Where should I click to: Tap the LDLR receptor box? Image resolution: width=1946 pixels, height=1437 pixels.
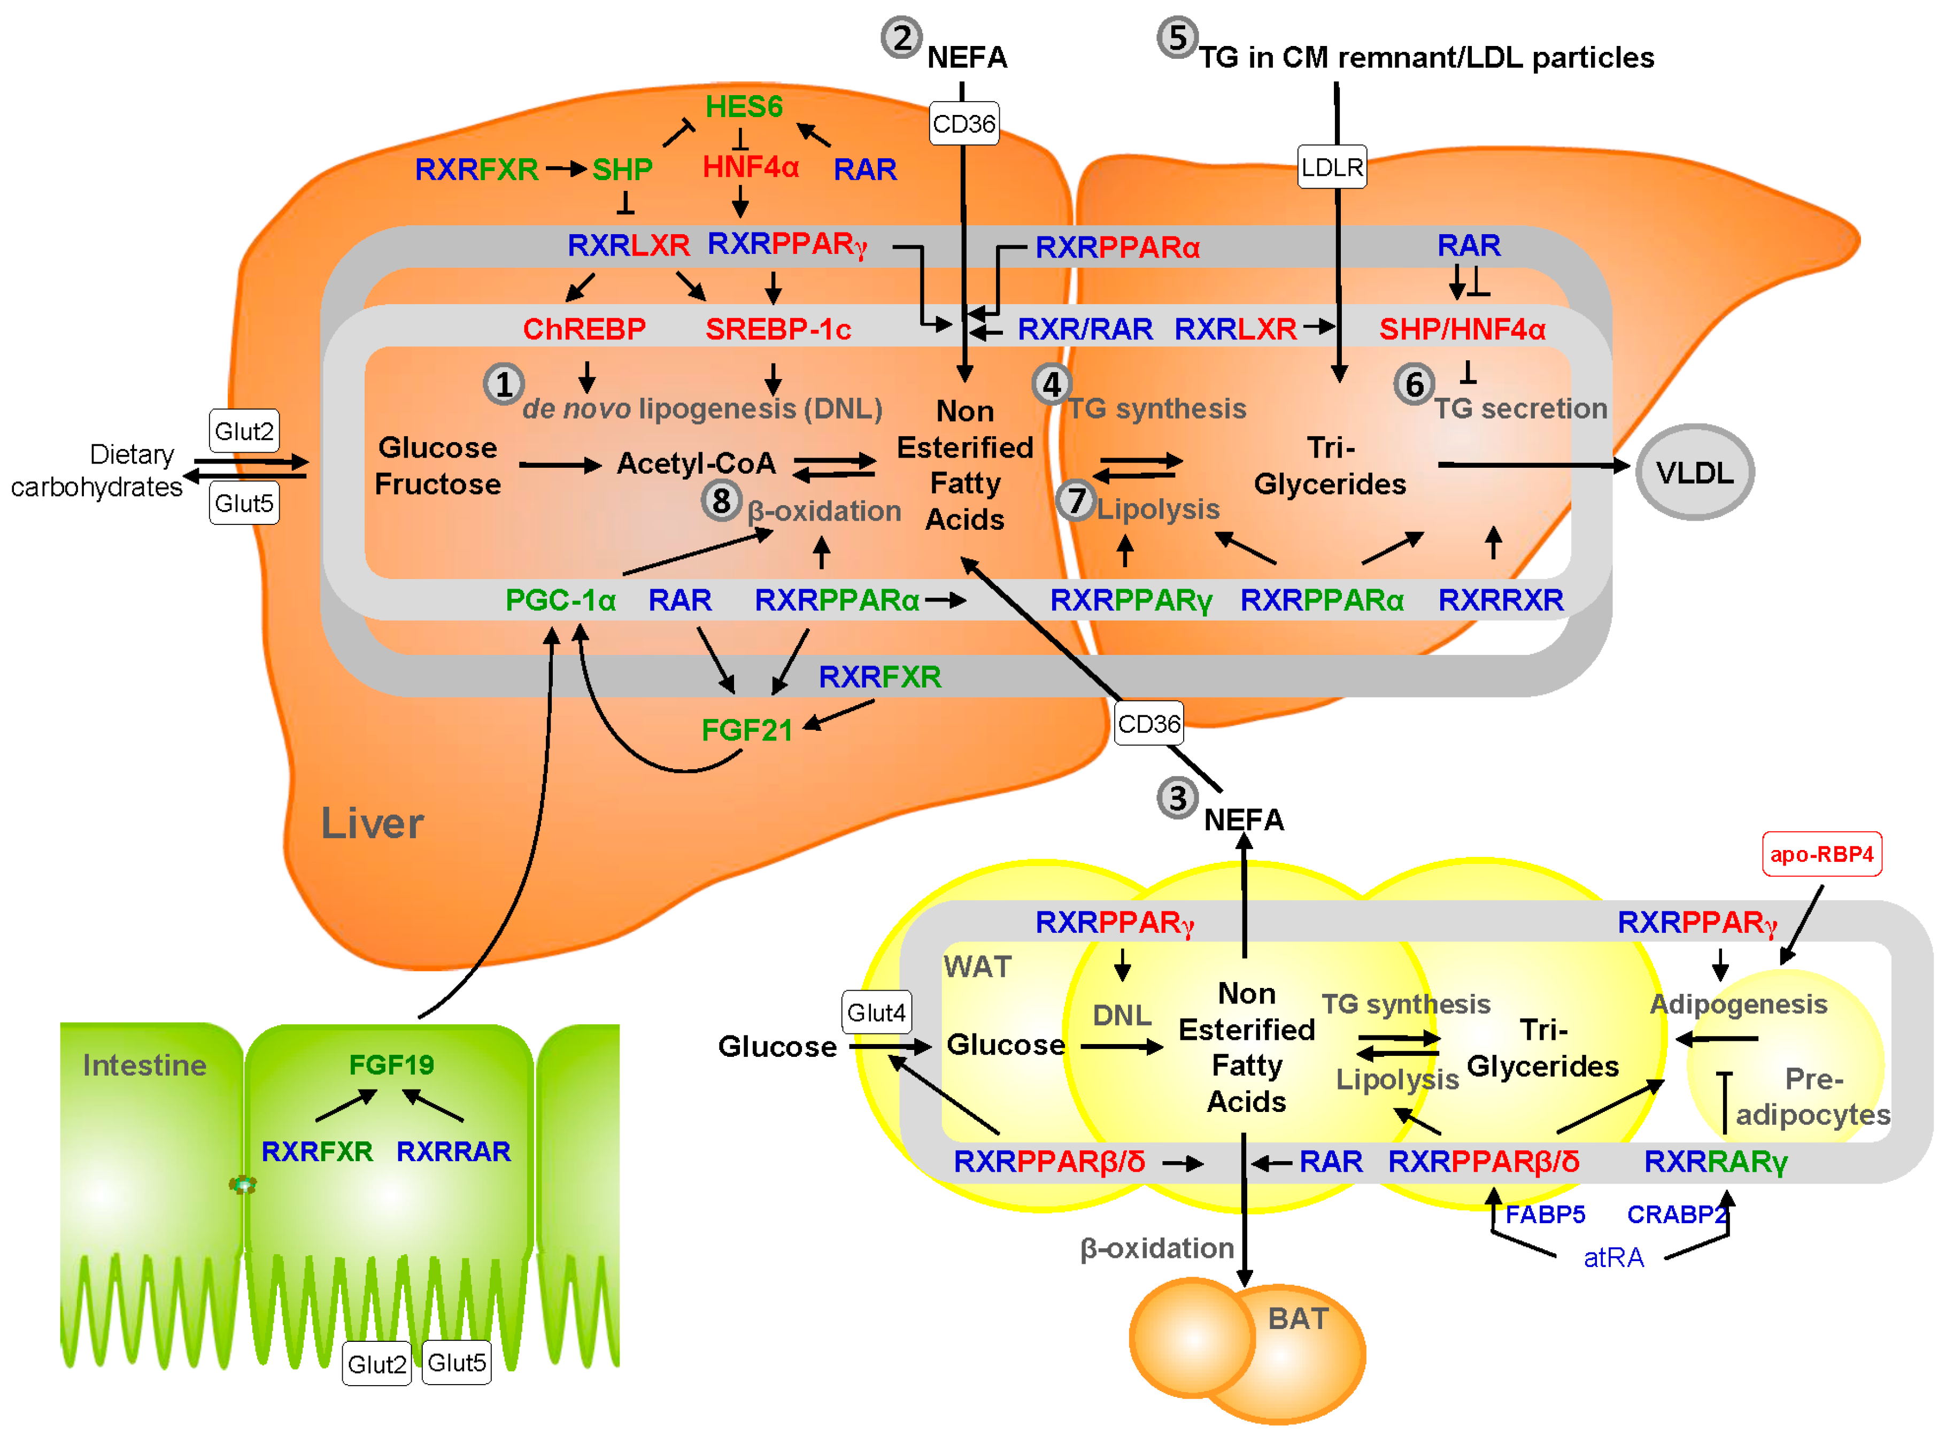(x=1331, y=167)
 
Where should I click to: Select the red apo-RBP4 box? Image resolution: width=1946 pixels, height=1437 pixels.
(x=1821, y=854)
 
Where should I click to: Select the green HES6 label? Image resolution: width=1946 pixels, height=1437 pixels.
(x=743, y=106)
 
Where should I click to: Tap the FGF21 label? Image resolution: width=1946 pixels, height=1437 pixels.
(x=746, y=730)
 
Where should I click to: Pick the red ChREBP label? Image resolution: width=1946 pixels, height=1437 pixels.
(x=584, y=329)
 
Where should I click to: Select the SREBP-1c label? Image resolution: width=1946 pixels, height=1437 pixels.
(x=778, y=329)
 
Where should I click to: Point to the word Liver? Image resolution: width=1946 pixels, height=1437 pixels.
(x=372, y=823)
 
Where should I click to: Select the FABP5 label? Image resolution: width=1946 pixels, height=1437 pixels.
(x=1545, y=1214)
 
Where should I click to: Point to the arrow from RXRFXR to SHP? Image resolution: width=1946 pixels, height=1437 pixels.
(x=566, y=169)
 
